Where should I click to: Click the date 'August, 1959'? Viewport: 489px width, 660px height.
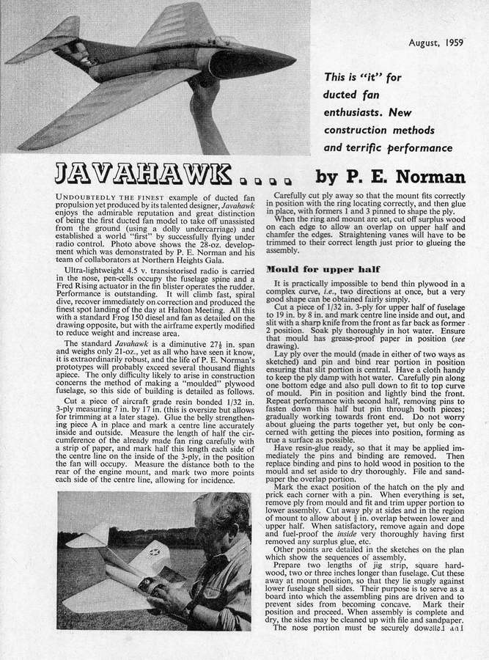pos(437,43)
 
